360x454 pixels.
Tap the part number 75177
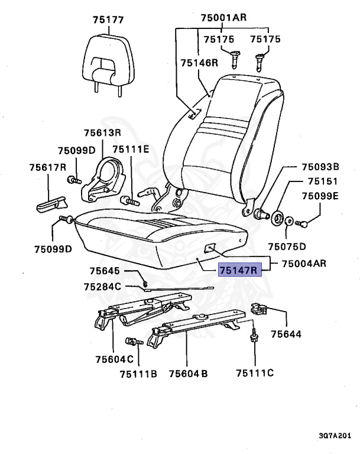pyautogui.click(x=108, y=20)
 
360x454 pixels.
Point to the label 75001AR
pyautogui.click(x=223, y=18)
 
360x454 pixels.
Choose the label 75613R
pyautogui.click(x=102, y=132)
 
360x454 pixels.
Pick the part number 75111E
pyautogui.click(x=131, y=150)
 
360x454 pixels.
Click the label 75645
pyautogui.click(x=105, y=271)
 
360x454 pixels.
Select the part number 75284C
pyautogui.click(x=102, y=287)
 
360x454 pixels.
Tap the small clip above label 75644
pyautogui.click(x=260, y=309)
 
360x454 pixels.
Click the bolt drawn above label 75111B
pyautogui.click(x=132, y=341)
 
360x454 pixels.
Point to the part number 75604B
pyautogui.click(x=188, y=373)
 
